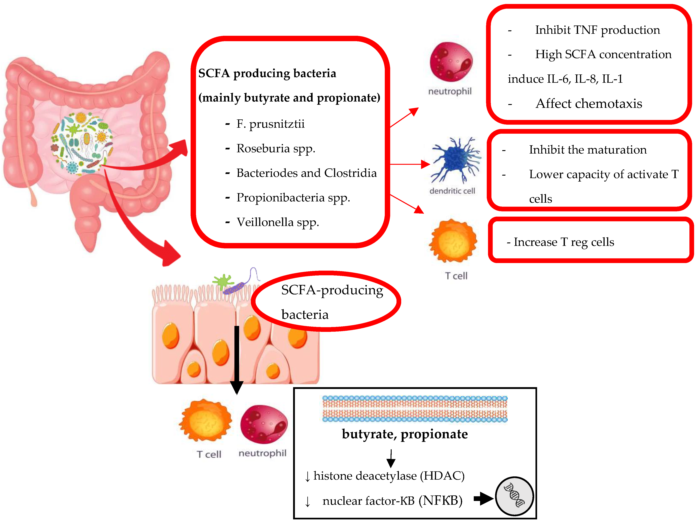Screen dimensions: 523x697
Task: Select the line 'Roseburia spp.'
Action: tap(276, 148)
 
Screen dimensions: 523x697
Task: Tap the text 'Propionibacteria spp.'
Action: tap(293, 198)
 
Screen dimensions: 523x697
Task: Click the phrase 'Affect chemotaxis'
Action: tap(589, 104)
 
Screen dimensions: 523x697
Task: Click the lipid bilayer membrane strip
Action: tap(415, 409)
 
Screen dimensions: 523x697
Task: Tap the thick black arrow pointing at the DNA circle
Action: tap(483, 498)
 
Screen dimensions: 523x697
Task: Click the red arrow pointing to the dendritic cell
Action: tap(410, 164)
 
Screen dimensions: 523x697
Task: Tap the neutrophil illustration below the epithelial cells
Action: tap(263, 424)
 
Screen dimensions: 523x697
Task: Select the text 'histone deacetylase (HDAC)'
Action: tap(389, 476)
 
